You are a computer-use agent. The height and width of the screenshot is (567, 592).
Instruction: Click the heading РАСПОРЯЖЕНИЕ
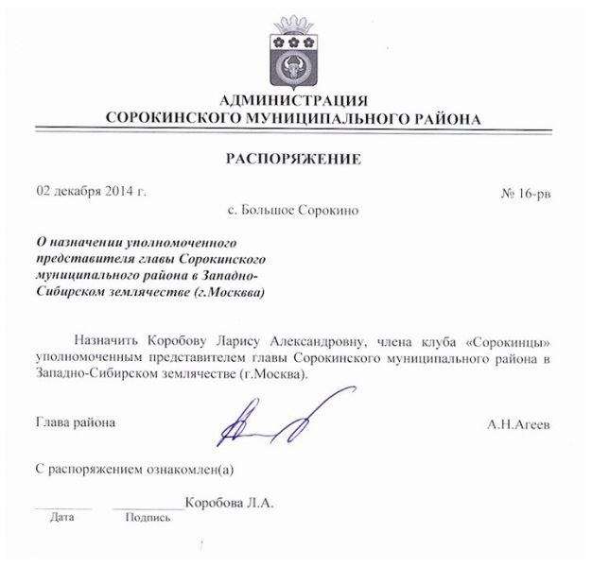click(x=293, y=158)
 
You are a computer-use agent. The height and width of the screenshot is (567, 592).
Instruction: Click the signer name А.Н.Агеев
click(x=518, y=425)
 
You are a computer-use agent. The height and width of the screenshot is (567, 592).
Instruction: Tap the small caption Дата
click(x=62, y=518)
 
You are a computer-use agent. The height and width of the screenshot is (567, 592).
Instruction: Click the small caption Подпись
click(x=148, y=518)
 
